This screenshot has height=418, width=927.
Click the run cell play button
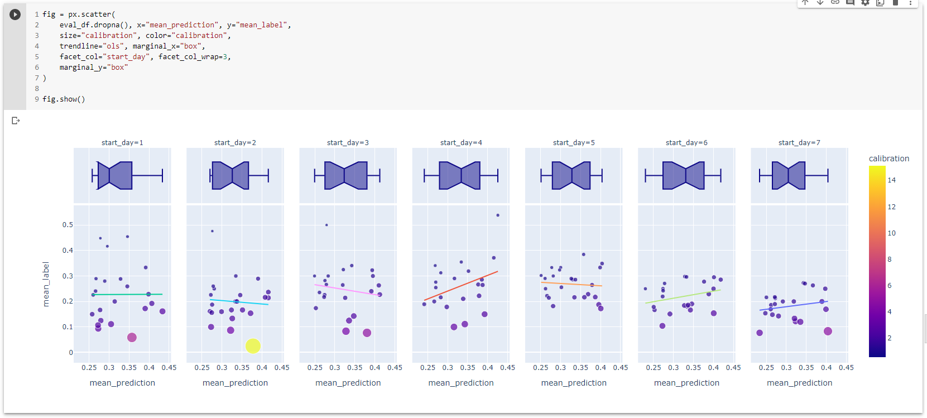click(15, 15)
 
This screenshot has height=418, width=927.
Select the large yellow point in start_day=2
click(253, 346)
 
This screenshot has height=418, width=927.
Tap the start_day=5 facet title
click(574, 143)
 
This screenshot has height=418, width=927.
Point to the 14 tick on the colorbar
click(891, 180)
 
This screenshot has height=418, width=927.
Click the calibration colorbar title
click(888, 158)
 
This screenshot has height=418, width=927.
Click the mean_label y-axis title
click(46, 284)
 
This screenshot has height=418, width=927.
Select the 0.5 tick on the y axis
click(68, 225)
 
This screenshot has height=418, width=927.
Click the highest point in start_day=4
click(498, 215)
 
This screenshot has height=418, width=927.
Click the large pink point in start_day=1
click(132, 337)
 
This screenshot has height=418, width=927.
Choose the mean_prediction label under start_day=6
click(686, 383)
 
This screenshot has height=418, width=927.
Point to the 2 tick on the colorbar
click(890, 338)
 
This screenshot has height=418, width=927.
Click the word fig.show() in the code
click(64, 99)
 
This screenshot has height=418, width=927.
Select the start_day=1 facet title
click(122, 143)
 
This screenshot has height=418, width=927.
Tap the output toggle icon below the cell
click(16, 121)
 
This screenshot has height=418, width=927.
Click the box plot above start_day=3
click(346, 176)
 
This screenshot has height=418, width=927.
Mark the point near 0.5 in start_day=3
click(326, 225)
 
